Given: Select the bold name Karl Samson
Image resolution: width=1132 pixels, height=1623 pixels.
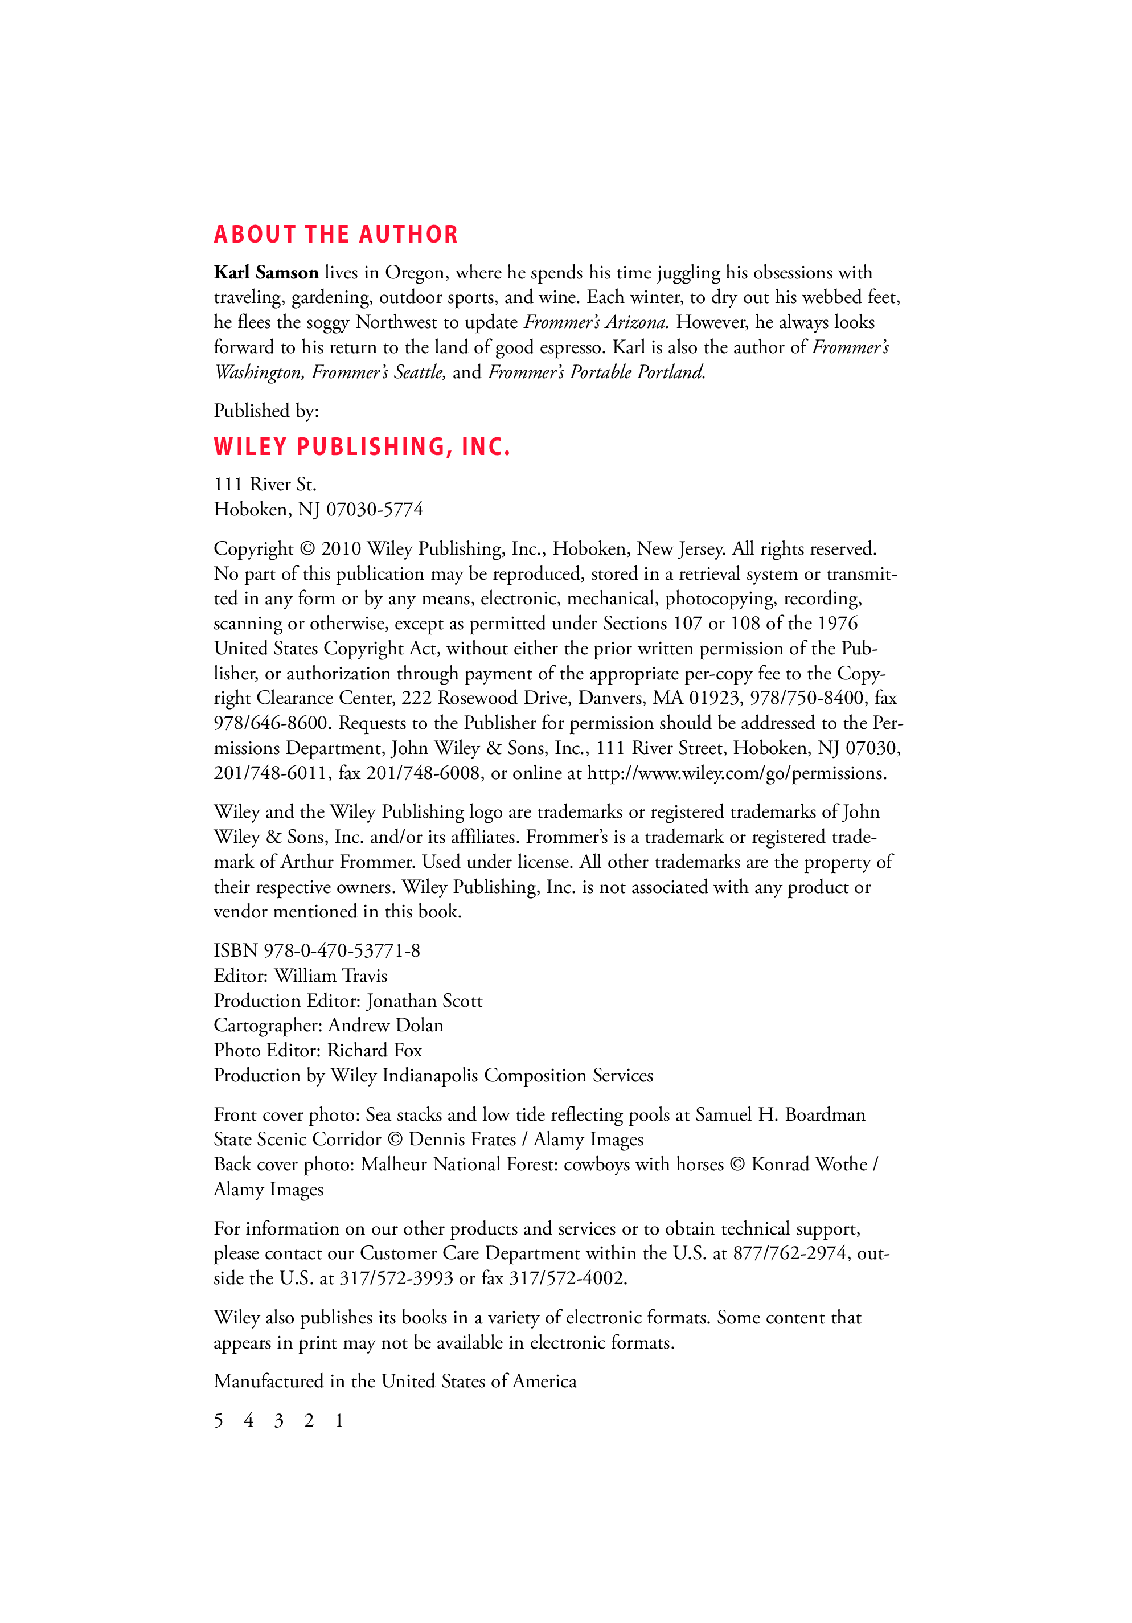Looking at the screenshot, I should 266,273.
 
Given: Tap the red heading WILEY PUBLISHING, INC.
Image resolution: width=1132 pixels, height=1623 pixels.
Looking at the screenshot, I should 362,446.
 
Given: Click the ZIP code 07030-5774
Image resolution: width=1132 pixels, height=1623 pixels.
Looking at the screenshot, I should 375,510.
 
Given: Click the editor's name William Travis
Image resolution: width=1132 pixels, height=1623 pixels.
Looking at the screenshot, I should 331,976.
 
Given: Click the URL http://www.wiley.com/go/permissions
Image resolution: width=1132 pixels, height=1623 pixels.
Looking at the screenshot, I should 736,773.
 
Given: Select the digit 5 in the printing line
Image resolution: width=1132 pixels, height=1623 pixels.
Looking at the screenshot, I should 218,1421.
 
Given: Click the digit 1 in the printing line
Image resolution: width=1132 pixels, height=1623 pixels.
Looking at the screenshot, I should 339,1421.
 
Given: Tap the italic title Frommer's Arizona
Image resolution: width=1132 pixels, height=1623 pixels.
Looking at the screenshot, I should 596,322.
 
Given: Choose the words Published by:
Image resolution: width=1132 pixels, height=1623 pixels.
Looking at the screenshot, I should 266,411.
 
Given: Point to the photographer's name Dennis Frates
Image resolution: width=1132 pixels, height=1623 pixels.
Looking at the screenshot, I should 462,1140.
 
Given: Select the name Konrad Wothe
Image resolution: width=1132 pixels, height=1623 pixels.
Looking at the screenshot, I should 809,1164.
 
